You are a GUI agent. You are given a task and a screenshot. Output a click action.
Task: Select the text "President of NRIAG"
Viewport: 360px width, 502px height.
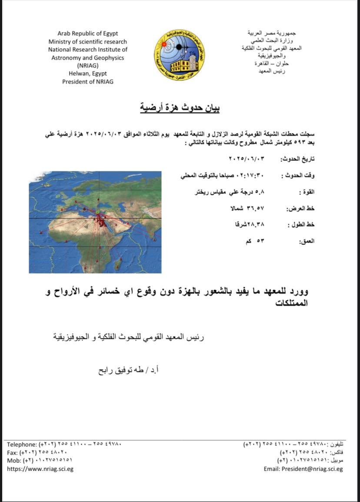[x=87, y=81]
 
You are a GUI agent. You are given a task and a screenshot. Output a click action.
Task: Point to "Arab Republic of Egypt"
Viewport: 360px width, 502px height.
[x=87, y=33]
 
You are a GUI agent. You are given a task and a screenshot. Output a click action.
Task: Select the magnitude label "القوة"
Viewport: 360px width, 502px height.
[x=307, y=192]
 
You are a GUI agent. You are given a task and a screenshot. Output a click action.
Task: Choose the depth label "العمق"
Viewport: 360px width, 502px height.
[x=306, y=241]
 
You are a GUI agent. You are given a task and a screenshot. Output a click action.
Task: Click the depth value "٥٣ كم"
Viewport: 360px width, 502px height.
[x=256, y=240]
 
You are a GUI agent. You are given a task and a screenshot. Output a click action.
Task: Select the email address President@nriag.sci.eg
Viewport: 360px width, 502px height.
[x=303, y=469]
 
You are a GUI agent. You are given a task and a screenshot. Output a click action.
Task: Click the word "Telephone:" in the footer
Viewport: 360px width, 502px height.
[x=22, y=445]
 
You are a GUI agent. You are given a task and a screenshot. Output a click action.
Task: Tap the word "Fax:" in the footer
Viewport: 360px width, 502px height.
[x=13, y=452]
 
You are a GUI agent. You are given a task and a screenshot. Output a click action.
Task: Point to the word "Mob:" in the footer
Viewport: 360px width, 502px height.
[x=14, y=460]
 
